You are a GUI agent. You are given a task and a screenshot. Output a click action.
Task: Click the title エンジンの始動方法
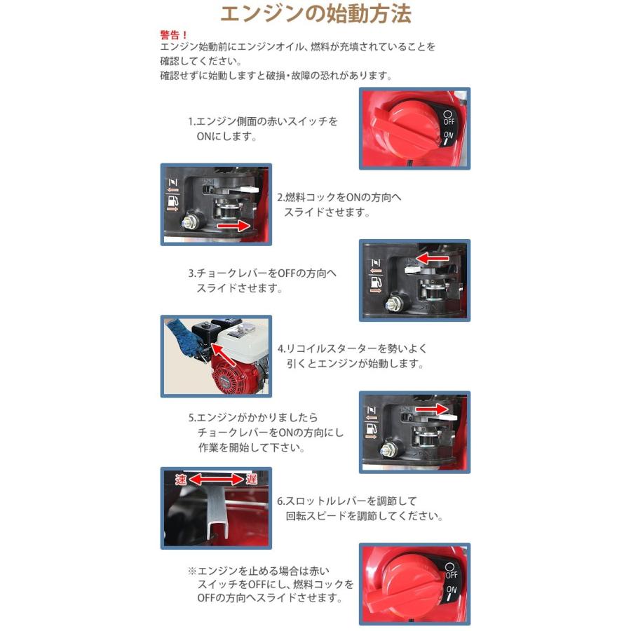315,15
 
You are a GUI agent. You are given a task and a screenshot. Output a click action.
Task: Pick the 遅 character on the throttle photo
252,480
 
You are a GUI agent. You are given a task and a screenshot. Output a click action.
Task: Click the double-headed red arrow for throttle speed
215,480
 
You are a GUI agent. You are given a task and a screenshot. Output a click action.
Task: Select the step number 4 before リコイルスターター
280,348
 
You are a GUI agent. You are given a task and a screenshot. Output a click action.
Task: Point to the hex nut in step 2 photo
188,223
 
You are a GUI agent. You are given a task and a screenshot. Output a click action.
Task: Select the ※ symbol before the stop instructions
191,571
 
